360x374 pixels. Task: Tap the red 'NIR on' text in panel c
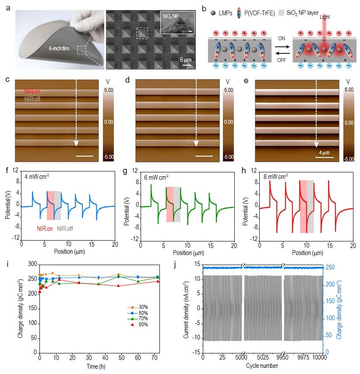(33, 92)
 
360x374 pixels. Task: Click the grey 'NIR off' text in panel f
(66, 228)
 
